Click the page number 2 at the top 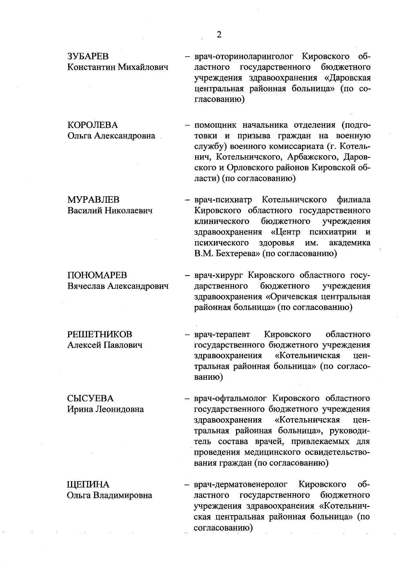click(x=219, y=35)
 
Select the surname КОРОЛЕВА click(x=93, y=125)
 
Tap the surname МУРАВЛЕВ click(x=93, y=200)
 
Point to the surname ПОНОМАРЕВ click(x=97, y=275)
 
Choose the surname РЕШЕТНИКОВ click(x=100, y=334)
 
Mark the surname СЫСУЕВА click(x=90, y=399)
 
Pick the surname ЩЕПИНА click(x=88, y=484)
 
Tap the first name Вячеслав click(x=86, y=286)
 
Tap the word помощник click(x=216, y=125)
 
